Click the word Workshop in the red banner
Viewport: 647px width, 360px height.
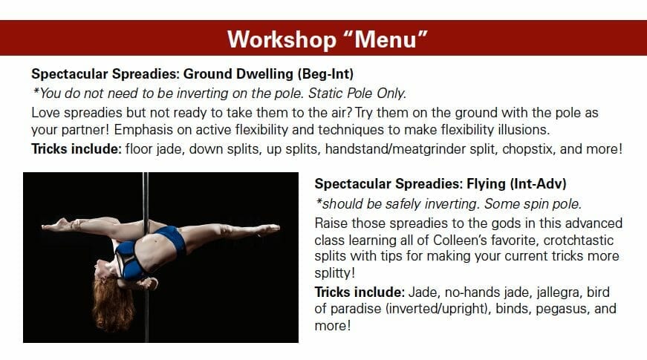click(282, 39)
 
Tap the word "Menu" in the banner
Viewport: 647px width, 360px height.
click(386, 39)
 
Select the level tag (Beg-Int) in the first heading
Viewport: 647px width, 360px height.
click(325, 73)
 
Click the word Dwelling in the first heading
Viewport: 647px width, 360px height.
click(264, 73)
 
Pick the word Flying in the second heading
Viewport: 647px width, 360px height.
click(486, 183)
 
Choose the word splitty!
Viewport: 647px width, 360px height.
click(334, 273)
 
